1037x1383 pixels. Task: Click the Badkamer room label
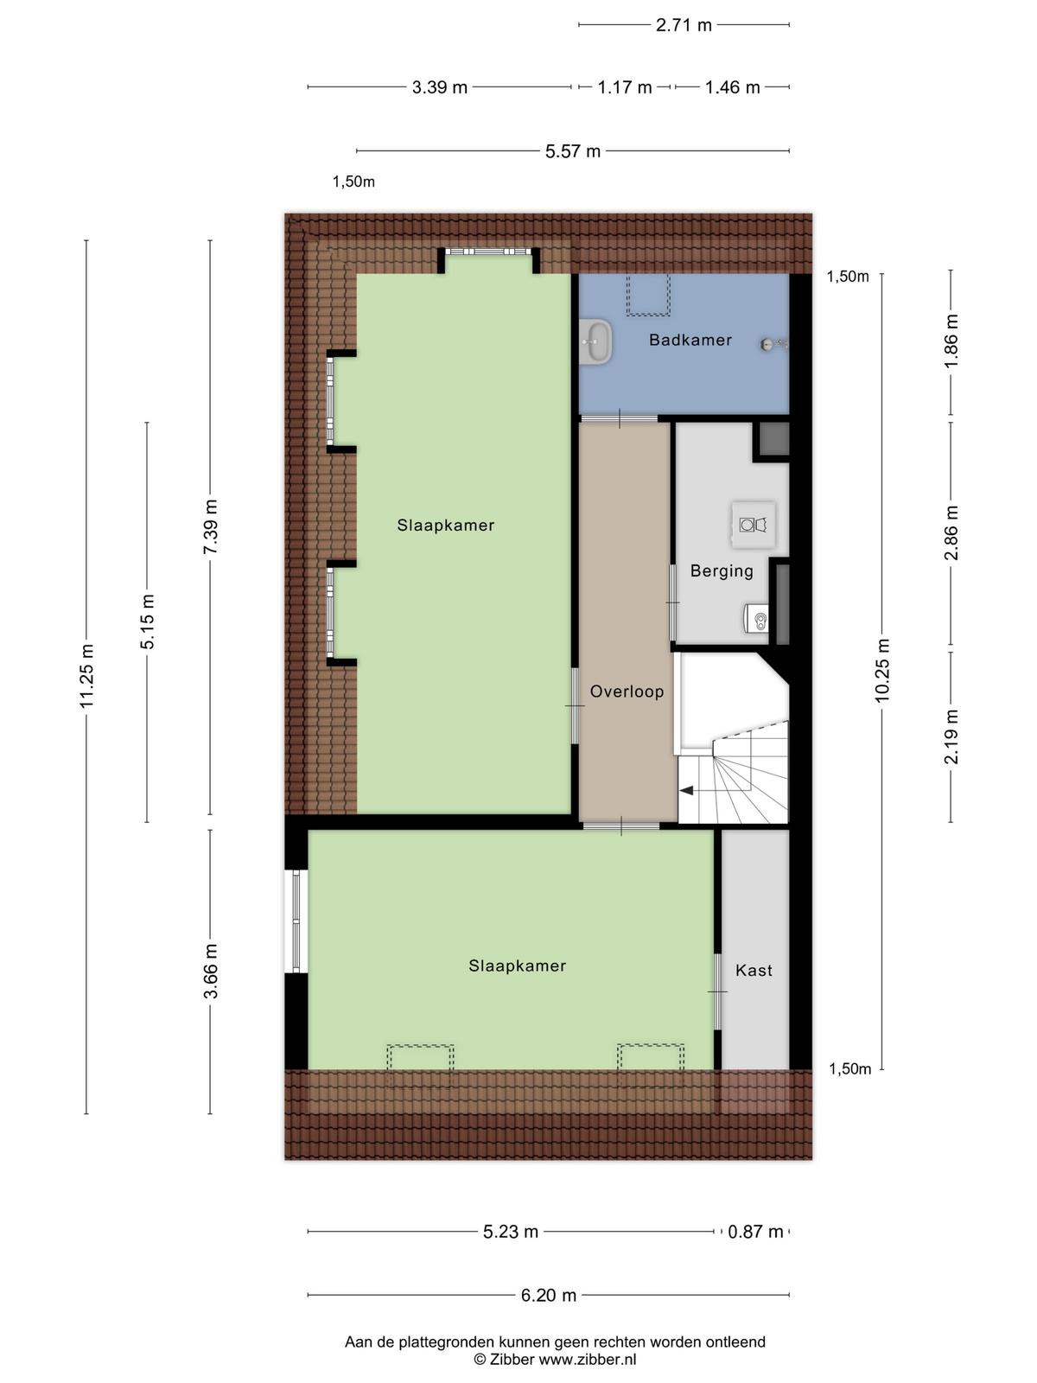[690, 341]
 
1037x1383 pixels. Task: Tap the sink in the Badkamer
[595, 341]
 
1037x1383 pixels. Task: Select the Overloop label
[627, 691]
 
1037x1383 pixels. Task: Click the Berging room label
[722, 570]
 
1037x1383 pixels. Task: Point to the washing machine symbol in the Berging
[753, 524]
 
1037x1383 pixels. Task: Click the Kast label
[754, 970]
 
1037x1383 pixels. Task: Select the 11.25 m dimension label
[86, 676]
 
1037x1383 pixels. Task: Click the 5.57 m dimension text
[573, 151]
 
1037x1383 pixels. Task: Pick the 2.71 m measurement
[684, 25]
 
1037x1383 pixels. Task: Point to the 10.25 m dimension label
[882, 670]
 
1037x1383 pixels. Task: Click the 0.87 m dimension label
[755, 1231]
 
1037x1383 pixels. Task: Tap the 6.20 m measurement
[549, 1295]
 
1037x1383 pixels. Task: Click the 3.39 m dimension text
[440, 87]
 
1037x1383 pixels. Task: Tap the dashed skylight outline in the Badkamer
[648, 295]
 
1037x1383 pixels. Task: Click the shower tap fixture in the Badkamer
[773, 344]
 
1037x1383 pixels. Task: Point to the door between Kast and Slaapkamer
[717, 991]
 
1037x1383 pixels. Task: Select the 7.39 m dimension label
[210, 526]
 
